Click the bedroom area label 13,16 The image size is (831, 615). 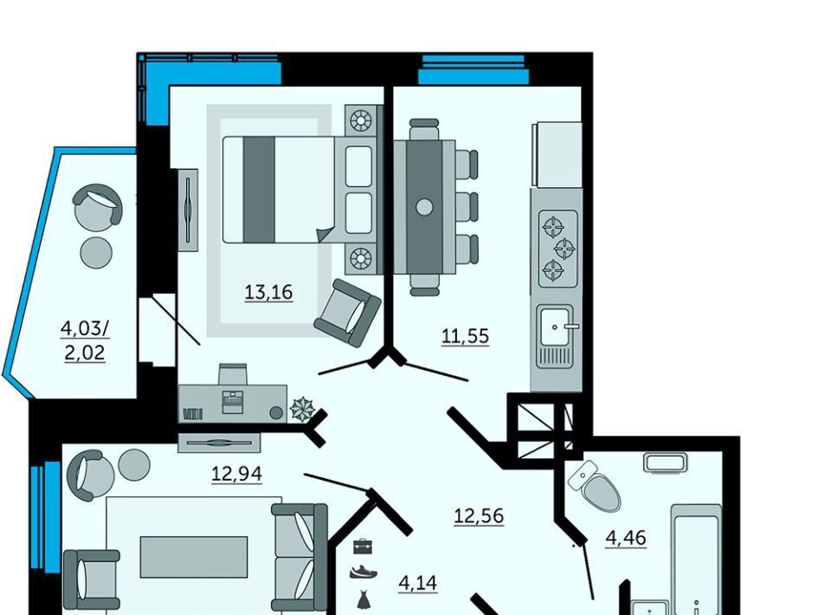click(268, 292)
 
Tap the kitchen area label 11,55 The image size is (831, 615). click(466, 335)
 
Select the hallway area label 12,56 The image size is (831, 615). click(479, 515)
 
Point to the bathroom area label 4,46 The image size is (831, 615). click(626, 538)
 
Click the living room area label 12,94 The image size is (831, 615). click(237, 474)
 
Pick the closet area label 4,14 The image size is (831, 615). click(417, 583)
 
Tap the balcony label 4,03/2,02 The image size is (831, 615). click(85, 340)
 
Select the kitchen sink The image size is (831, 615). click(556, 336)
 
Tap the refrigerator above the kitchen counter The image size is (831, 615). click(557, 154)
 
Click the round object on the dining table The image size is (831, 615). click(424, 207)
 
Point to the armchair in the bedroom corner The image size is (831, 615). click(348, 313)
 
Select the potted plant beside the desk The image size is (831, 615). click(303, 410)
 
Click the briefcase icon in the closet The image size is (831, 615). click(363, 546)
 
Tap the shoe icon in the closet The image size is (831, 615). click(364, 572)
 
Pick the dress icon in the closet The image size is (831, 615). click(363, 599)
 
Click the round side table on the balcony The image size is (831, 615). click(96, 252)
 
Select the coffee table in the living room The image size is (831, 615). click(194, 557)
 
